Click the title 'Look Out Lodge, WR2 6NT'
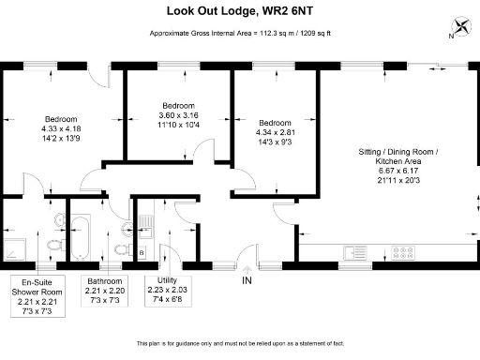pyautogui.click(x=239, y=12)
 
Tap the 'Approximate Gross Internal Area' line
pyautogui.click(x=239, y=35)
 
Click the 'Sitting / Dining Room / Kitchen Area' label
pyautogui.click(x=398, y=157)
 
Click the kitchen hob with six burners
pyautogui.click(x=403, y=251)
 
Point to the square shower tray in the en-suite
pyautogui.click(x=18, y=247)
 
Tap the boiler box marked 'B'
pyautogui.click(x=142, y=253)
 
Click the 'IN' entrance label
pyautogui.click(x=247, y=280)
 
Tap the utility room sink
pyautogui.click(x=145, y=221)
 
